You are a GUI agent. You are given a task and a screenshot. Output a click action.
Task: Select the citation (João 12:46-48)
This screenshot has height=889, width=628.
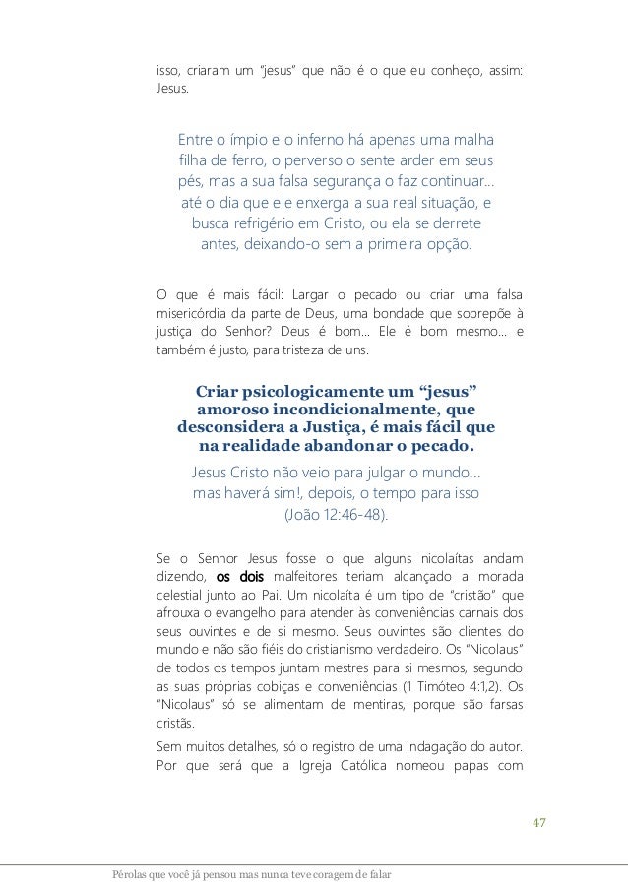click(336, 514)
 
